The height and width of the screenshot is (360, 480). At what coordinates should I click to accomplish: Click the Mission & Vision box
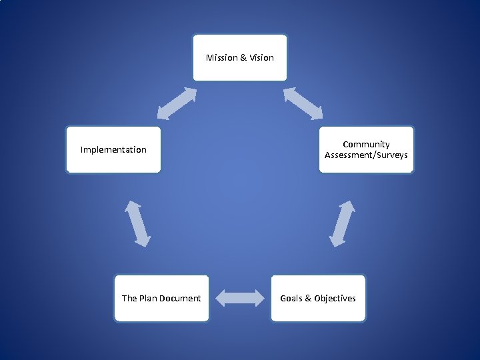(240, 57)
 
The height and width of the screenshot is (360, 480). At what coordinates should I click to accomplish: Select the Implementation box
(113, 149)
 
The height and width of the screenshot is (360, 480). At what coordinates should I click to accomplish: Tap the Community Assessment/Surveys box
(366, 149)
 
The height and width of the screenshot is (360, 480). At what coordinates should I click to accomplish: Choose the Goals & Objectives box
(318, 298)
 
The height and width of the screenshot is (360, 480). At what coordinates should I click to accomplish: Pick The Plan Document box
(161, 298)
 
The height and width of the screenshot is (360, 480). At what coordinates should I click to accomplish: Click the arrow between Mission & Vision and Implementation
(177, 104)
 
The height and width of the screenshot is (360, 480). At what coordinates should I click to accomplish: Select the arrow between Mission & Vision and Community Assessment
(303, 103)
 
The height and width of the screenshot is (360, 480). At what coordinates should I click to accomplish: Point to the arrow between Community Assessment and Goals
(343, 223)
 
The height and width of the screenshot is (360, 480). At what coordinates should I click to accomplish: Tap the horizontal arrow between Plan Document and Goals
(240, 298)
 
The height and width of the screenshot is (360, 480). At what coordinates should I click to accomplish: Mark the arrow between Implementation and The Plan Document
(137, 223)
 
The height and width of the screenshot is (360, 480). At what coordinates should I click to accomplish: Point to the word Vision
(261, 57)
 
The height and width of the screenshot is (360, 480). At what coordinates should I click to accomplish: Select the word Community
(366, 144)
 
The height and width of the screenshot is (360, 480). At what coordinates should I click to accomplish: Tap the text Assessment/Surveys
(366, 155)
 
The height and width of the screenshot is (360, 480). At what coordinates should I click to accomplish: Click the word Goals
(291, 298)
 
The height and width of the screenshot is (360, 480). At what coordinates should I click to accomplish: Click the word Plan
(149, 298)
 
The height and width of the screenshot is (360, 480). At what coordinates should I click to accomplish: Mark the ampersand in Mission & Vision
(243, 57)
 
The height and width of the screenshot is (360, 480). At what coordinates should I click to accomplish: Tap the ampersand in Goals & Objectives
(308, 298)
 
